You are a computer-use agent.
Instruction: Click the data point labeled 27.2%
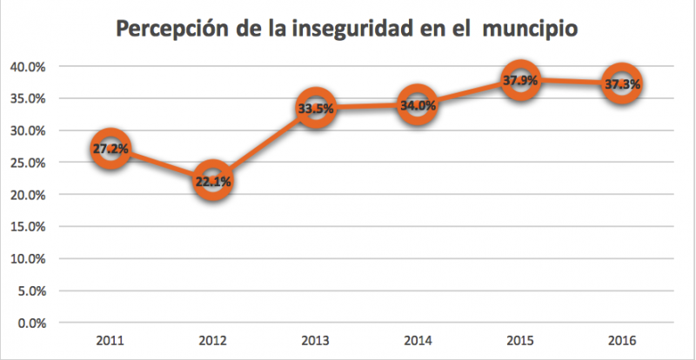click(110, 150)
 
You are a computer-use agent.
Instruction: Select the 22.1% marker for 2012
click(212, 182)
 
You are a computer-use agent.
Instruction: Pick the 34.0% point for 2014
click(417, 105)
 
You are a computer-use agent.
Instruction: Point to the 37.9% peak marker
click(519, 81)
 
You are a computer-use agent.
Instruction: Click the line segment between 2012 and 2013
click(264, 145)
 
